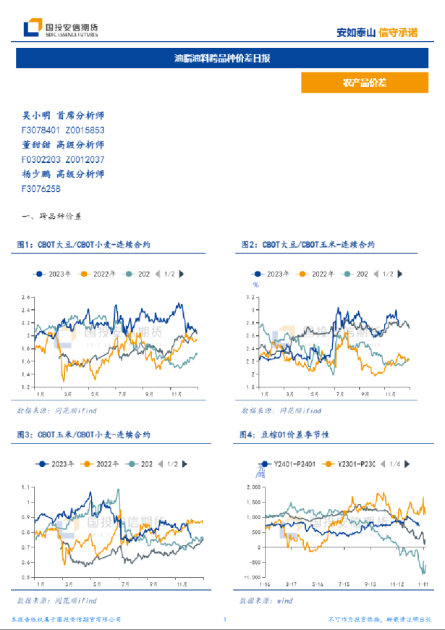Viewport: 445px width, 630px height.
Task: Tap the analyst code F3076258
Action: [41, 188]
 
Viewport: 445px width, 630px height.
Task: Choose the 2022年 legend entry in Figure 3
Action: [98, 463]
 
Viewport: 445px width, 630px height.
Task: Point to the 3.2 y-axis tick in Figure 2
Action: [253, 297]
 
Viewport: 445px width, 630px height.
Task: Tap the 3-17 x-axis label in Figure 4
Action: [291, 583]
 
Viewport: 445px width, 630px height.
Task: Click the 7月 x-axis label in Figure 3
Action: [124, 583]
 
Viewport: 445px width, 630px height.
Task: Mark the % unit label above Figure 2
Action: [255, 284]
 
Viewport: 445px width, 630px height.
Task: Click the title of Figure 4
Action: [284, 435]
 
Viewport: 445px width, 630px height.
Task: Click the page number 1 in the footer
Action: [225, 620]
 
